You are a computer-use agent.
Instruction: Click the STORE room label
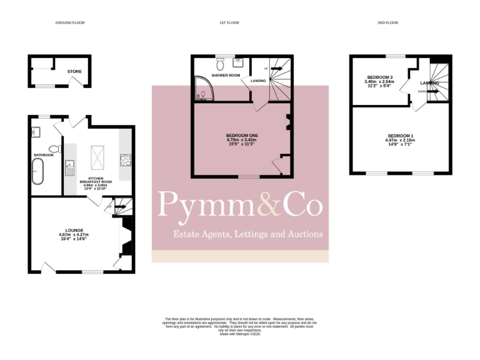click(75, 71)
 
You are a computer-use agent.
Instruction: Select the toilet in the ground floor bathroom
click(54, 148)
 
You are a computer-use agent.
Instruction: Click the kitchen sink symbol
click(70, 167)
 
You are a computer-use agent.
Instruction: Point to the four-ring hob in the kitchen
click(125, 159)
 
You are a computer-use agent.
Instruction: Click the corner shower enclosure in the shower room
click(201, 89)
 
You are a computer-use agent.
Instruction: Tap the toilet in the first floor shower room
click(220, 63)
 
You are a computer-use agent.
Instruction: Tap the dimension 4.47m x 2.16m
click(400, 141)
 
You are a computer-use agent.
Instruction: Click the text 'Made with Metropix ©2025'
click(239, 334)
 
